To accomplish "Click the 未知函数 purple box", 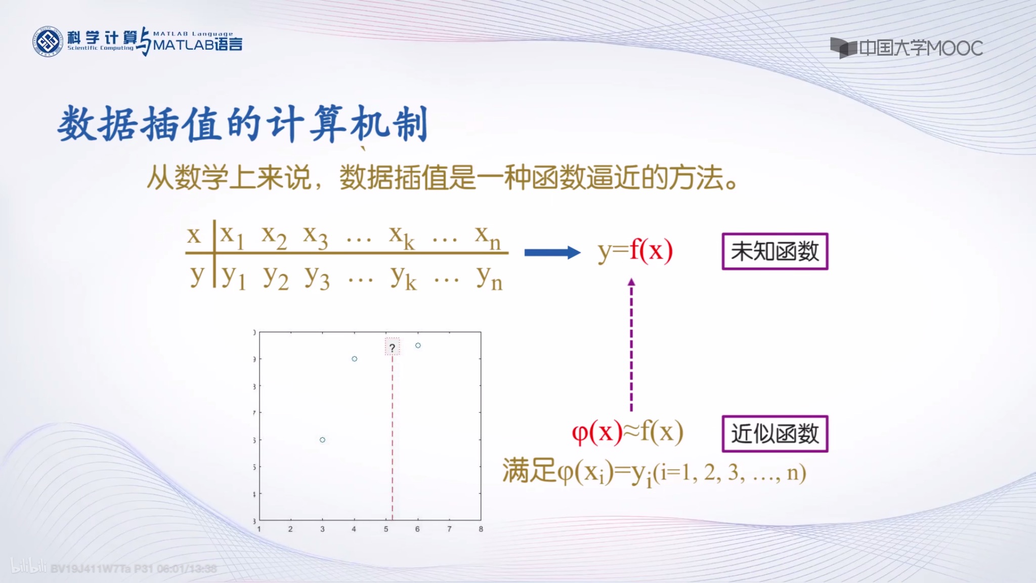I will pyautogui.click(x=774, y=251).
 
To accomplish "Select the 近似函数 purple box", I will pyautogui.click(x=774, y=434).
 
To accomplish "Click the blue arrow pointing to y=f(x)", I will pyautogui.click(x=552, y=252).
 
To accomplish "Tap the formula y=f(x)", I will pyautogui.click(x=635, y=251).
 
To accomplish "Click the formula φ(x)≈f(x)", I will pyautogui.click(x=627, y=433).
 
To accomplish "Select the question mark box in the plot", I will pyautogui.click(x=392, y=347).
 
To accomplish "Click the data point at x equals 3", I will pyautogui.click(x=322, y=440).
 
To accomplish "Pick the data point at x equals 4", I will pyautogui.click(x=355, y=359).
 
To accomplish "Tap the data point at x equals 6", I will pyautogui.click(x=418, y=346).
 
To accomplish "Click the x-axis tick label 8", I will pyautogui.click(x=481, y=529).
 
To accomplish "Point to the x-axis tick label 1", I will pyautogui.click(x=259, y=529).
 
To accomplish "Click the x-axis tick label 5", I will pyautogui.click(x=386, y=529).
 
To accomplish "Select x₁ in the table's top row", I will pyautogui.click(x=233, y=236).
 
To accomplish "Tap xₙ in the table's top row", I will pyautogui.click(x=488, y=236).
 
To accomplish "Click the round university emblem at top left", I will pyautogui.click(x=48, y=41).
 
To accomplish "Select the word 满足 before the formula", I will pyautogui.click(x=529, y=472).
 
